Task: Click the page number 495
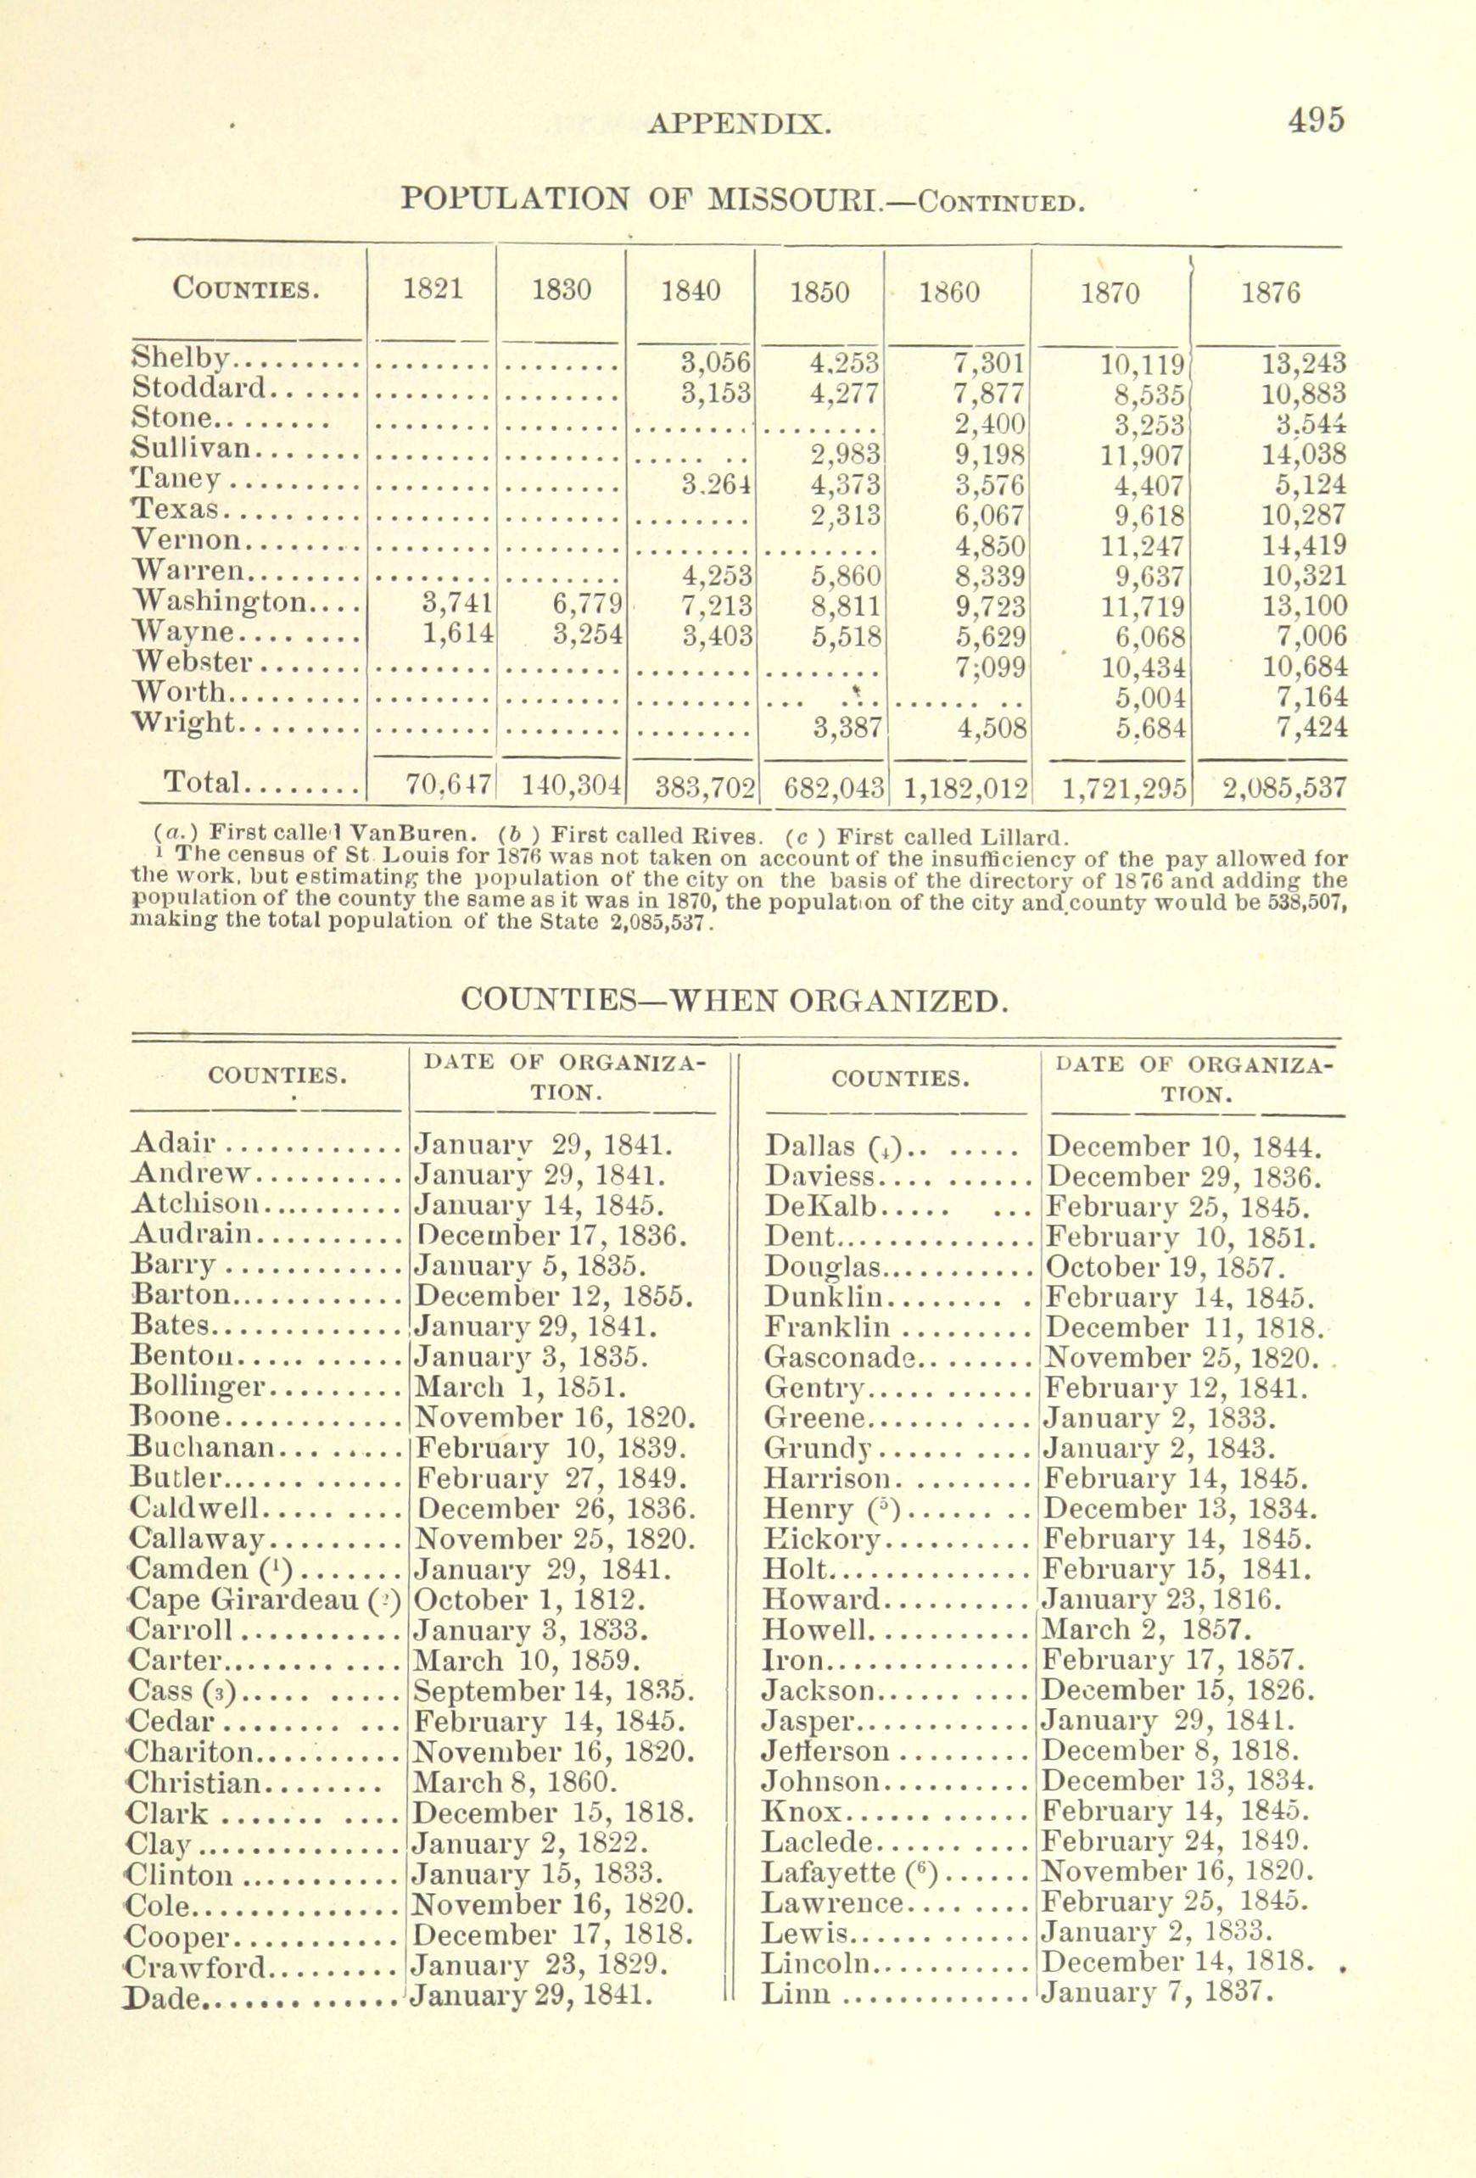click(x=1315, y=120)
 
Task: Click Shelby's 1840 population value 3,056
click(x=717, y=363)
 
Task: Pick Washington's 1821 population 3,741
click(x=457, y=606)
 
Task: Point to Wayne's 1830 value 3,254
click(x=588, y=635)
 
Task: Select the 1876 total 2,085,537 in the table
click(x=1284, y=785)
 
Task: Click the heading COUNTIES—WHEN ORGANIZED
click(x=735, y=1000)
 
